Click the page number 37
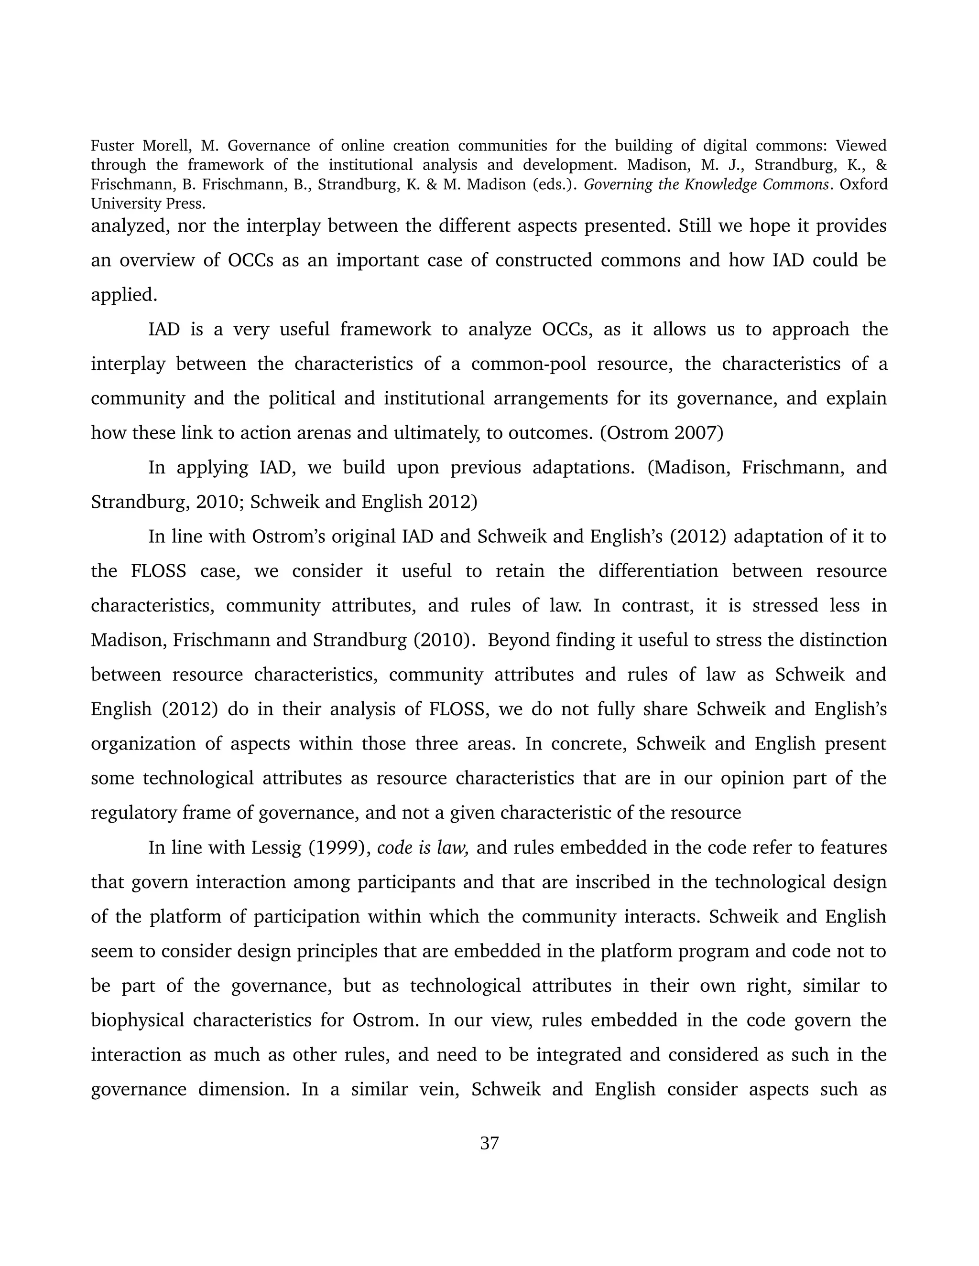coord(489,1143)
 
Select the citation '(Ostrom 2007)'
coord(661,433)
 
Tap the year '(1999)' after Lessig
coord(339,848)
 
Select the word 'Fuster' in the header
coord(112,146)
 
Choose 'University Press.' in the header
coord(148,204)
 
